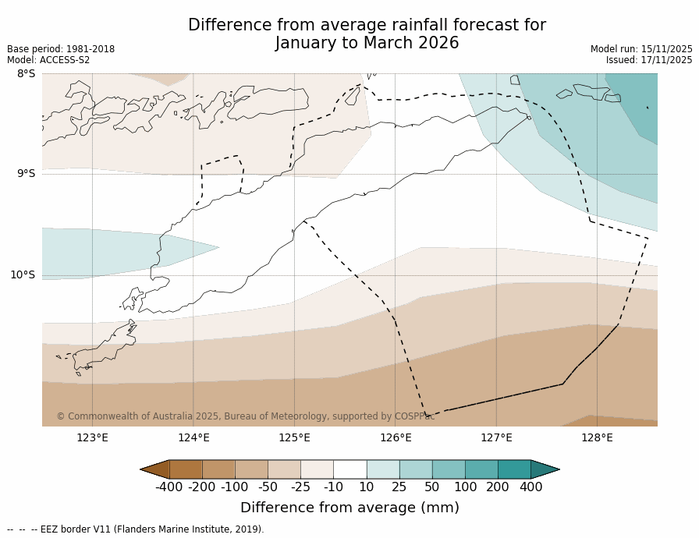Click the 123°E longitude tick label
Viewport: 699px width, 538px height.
click(x=92, y=437)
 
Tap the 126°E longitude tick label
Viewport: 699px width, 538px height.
click(x=396, y=437)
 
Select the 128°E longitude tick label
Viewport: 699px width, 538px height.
click(x=597, y=437)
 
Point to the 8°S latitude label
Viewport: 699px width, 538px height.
click(x=26, y=73)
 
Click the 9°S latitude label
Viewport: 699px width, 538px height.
click(x=26, y=174)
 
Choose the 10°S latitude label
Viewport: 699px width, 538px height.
click(x=23, y=274)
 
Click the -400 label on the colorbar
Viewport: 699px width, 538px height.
click(x=169, y=487)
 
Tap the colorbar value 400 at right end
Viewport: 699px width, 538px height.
click(x=530, y=487)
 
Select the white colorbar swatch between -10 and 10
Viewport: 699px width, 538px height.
click(x=349, y=469)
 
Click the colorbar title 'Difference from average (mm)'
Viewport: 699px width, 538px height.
click(x=349, y=508)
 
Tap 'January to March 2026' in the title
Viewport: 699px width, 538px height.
click(x=367, y=44)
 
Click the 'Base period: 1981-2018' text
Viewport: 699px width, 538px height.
click(x=61, y=49)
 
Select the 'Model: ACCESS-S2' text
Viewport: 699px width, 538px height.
click(x=48, y=60)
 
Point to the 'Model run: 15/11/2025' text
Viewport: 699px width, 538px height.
click(x=641, y=49)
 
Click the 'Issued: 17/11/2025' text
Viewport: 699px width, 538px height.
click(x=649, y=60)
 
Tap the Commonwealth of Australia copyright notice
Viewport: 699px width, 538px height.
click(x=245, y=416)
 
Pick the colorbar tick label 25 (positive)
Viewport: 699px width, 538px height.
click(x=399, y=487)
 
